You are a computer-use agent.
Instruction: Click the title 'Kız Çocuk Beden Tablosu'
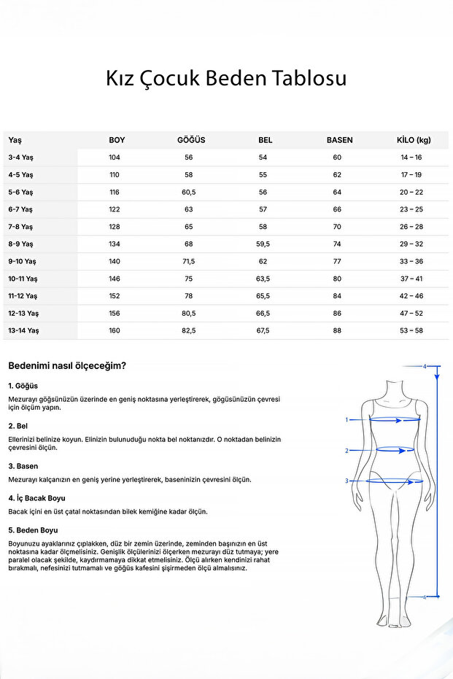226,79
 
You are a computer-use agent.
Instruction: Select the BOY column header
117,140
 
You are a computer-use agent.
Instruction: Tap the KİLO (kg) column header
413,140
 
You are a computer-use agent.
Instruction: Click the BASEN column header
339,140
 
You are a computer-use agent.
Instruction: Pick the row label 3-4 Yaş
20,158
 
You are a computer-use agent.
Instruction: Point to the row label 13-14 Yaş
23,330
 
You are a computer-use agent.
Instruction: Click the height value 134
115,244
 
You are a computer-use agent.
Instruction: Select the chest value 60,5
189,192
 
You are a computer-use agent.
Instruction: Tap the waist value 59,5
263,244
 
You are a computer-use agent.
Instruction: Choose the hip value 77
337,261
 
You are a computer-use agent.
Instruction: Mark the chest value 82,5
189,330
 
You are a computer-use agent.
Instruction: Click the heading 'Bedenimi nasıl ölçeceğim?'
66,366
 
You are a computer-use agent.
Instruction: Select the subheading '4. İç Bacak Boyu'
37,498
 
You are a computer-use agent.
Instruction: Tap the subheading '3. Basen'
23,466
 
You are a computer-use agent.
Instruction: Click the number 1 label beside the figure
347,420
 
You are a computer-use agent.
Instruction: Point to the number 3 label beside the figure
347,481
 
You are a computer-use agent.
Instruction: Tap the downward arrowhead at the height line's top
437,377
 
